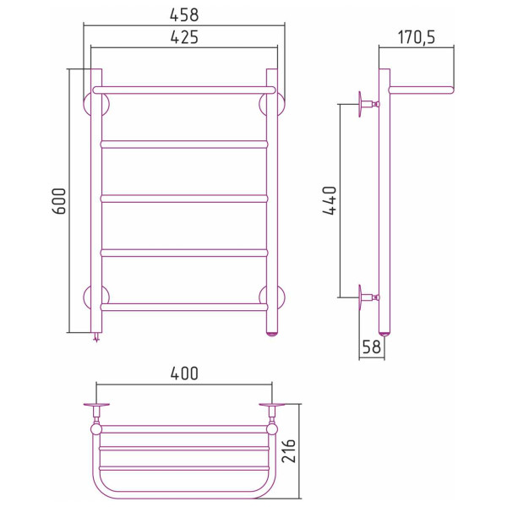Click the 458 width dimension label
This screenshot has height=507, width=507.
pyautogui.click(x=184, y=15)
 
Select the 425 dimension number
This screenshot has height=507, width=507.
pyautogui.click(x=184, y=37)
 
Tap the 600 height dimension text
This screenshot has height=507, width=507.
pyautogui.click(x=59, y=201)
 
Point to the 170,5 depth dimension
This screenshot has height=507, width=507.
pyautogui.click(x=416, y=37)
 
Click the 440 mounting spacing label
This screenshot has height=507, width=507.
pyautogui.click(x=330, y=200)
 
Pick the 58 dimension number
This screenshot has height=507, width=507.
pyautogui.click(x=372, y=347)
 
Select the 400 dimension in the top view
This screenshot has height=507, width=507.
pyautogui.click(x=184, y=373)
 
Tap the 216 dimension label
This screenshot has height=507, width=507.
pyautogui.click(x=288, y=450)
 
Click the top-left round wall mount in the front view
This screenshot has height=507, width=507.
pyautogui.click(x=86, y=105)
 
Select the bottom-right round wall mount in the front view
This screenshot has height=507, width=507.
pyautogui.click(x=281, y=297)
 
